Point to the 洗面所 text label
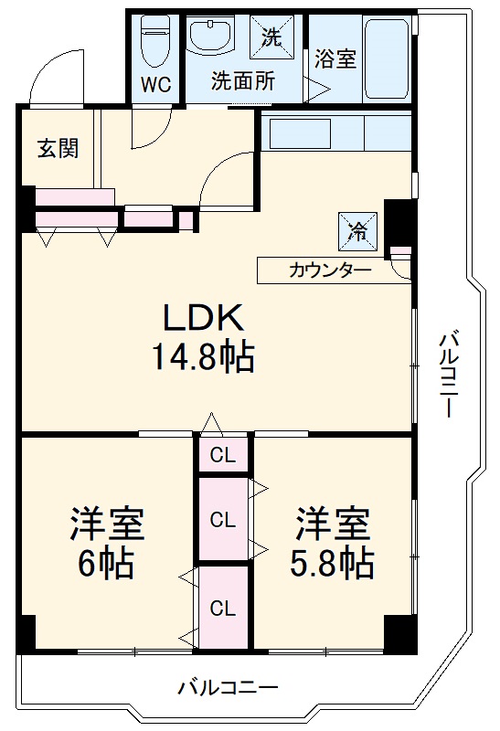242,80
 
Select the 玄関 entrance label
57,148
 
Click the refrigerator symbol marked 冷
356,228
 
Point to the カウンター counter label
330,270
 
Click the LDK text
203,318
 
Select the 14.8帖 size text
203,356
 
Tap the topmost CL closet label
222,454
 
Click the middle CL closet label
222,520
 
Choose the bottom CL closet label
222,608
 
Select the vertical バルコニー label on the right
447,375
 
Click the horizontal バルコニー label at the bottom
228,686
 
